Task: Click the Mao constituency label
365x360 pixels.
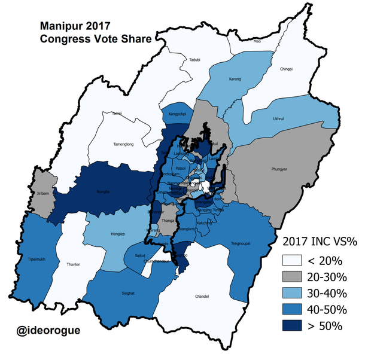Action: coord(257,41)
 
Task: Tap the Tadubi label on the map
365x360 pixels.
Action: coord(194,60)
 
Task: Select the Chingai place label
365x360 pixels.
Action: coord(286,69)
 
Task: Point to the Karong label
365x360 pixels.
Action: coord(236,79)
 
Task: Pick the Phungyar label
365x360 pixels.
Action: coord(279,169)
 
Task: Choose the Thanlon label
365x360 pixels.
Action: coord(74,264)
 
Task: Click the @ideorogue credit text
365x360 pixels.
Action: coord(48,330)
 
